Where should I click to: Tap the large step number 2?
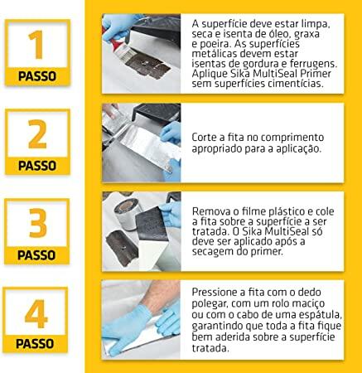pos(37,134)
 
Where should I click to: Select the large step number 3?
pos(37,223)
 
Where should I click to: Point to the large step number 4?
pos(36,313)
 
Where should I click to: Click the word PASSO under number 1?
pos(37,76)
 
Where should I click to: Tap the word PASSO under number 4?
pos(35,344)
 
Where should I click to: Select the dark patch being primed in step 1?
pos(147,65)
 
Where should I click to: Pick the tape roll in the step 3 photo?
pos(126,214)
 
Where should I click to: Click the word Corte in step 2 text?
pos(203,137)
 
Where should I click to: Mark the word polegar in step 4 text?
pos(210,304)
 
